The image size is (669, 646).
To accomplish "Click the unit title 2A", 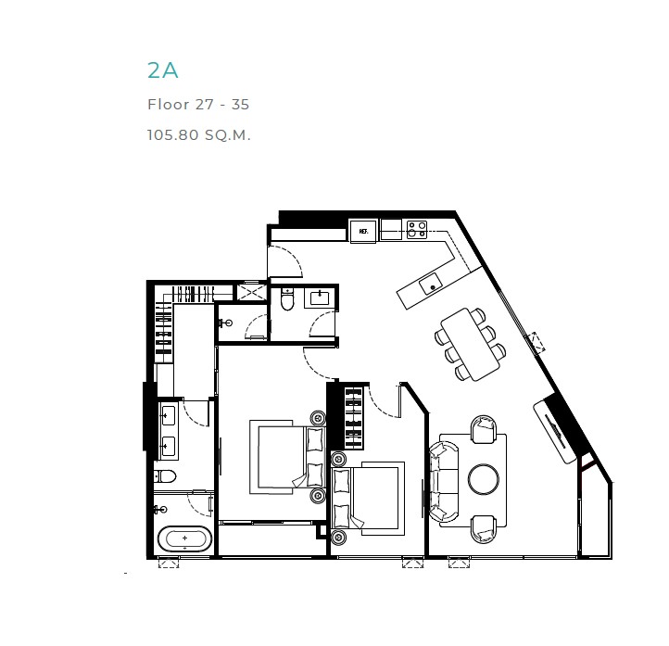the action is click(162, 70).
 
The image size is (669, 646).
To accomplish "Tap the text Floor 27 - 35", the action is click(198, 105).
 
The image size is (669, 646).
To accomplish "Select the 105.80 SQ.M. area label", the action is click(199, 134).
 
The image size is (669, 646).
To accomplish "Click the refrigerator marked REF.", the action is click(363, 231).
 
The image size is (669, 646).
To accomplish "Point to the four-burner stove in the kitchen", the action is click(417, 229).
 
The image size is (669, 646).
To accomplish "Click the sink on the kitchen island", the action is click(430, 284).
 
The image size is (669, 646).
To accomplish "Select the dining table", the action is click(470, 344).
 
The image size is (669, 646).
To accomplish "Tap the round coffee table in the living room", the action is click(484, 479).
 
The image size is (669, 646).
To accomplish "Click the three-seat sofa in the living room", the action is click(444, 481).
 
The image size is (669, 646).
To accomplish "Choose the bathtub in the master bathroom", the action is click(184, 538).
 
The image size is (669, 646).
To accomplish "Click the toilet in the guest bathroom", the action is click(287, 299).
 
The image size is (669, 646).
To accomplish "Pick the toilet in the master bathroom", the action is click(165, 475).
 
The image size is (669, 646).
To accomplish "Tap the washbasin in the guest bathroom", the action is click(320, 297).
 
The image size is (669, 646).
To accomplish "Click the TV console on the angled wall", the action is click(555, 432).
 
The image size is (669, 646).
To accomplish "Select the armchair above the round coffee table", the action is click(484, 429).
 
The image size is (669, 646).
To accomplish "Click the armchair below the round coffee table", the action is click(484, 529).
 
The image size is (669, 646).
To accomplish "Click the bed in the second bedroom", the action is click(368, 498).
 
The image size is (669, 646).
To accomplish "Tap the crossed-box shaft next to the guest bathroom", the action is click(252, 293).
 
